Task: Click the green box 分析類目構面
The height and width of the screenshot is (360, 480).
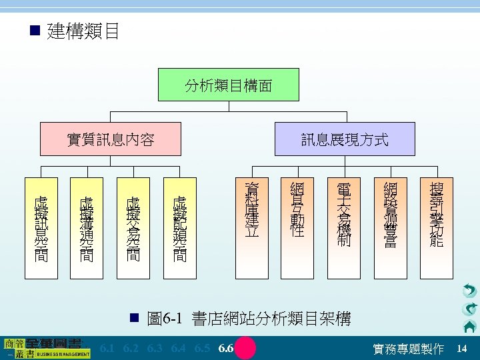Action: point(228,85)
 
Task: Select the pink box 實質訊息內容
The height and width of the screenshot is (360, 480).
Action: point(111,139)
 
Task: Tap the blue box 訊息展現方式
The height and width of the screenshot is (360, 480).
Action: point(345,139)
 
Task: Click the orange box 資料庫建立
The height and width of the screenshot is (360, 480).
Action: point(251,219)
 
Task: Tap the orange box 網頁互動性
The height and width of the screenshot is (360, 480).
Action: point(298,219)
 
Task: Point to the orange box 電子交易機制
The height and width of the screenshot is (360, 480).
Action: point(345,219)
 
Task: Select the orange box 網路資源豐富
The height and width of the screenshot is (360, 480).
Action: point(391,219)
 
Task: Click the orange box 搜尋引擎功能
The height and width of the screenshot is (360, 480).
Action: point(437,219)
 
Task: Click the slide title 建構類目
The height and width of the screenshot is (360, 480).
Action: point(83,31)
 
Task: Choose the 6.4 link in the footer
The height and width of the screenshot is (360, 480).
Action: point(179,349)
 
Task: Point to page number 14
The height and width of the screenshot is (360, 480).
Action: point(462,349)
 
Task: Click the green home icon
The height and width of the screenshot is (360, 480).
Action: point(469,326)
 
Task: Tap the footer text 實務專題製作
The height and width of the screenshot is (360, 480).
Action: point(408,349)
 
